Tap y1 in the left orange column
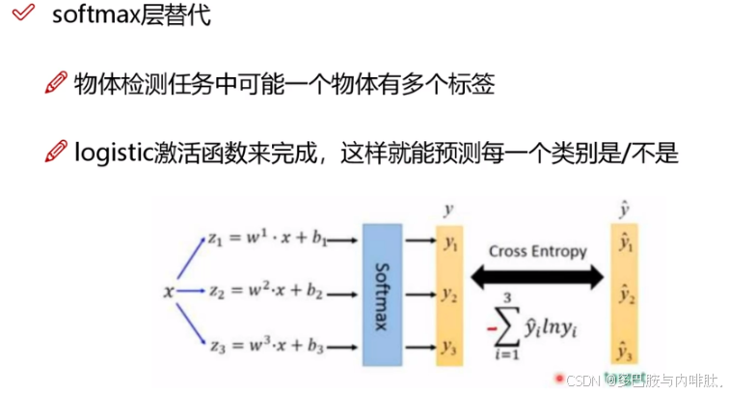[x=449, y=238]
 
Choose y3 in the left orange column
[x=449, y=346]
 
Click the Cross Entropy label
[x=537, y=251]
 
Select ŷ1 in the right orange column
[x=626, y=245]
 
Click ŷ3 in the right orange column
[x=626, y=350]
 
